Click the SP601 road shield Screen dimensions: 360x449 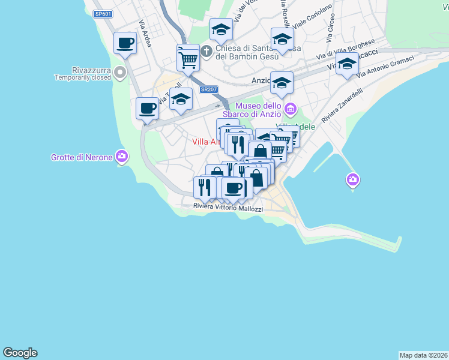pyautogui.click(x=103, y=14)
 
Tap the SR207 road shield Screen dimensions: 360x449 pyautogui.click(x=209, y=89)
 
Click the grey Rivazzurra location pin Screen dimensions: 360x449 pyautogui.click(x=120, y=73)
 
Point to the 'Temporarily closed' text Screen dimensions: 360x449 pyautogui.click(x=82, y=77)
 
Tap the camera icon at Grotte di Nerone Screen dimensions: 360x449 pyautogui.click(x=122, y=156)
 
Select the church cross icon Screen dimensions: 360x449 pyautogui.click(x=206, y=51)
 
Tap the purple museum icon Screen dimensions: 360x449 pyautogui.click(x=291, y=109)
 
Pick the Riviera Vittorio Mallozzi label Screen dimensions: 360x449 pyautogui.click(x=228, y=208)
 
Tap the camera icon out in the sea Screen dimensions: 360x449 pyautogui.click(x=353, y=179)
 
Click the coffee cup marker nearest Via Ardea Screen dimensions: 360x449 pyautogui.click(x=125, y=43)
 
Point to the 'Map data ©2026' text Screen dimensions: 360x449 pyautogui.click(x=423, y=355)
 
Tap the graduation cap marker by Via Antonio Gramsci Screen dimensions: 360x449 pyautogui.click(x=347, y=65)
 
